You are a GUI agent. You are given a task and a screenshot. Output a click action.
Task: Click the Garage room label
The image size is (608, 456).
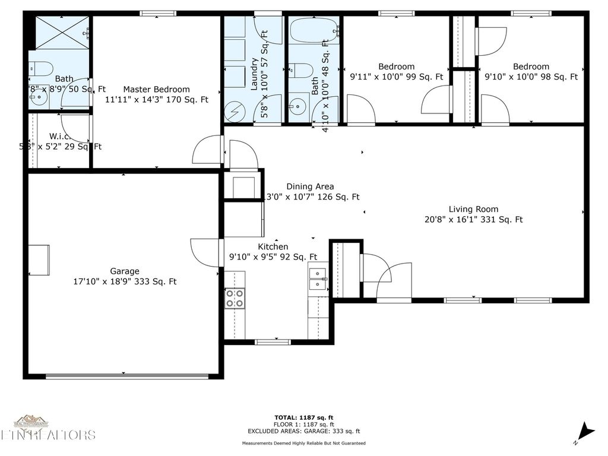[x=125, y=271]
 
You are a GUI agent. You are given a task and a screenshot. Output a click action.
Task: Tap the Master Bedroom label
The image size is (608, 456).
[x=156, y=90]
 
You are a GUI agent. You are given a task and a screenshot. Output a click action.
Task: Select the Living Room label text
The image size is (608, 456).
[x=473, y=209]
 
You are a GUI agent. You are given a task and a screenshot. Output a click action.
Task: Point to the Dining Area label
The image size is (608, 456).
[x=310, y=186]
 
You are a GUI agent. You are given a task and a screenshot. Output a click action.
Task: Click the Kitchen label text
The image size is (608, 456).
[x=273, y=247]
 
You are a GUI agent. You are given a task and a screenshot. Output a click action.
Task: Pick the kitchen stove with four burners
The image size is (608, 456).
[x=235, y=298]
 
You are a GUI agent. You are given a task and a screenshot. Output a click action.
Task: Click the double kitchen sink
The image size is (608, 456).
[x=318, y=280]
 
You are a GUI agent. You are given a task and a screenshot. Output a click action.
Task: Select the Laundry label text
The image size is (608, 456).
[x=255, y=74]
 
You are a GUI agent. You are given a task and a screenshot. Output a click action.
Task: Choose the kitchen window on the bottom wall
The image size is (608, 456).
[x=273, y=342]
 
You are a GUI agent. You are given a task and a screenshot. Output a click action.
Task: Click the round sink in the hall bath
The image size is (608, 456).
[x=296, y=107]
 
